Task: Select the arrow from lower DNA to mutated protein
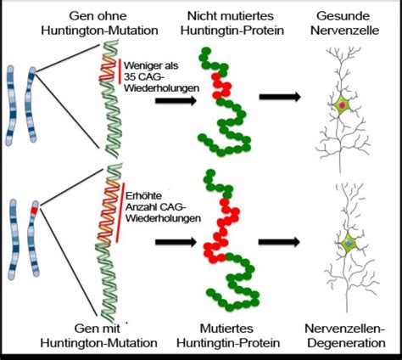click(x=172, y=243)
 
